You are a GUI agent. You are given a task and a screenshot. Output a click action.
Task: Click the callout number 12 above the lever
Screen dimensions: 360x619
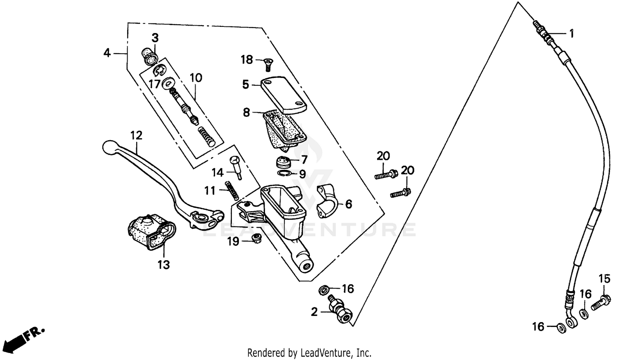[x=136, y=135]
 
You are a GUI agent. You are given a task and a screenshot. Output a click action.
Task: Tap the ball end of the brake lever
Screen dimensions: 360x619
[x=109, y=147]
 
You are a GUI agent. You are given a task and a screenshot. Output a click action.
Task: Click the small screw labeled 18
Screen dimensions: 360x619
[x=267, y=64]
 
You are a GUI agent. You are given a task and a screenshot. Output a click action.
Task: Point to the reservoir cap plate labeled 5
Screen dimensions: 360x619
[x=284, y=94]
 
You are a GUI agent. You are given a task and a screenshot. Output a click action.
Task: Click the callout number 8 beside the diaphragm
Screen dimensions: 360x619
[x=246, y=112]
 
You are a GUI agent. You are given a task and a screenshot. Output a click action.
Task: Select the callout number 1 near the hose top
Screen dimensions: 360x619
[x=572, y=34]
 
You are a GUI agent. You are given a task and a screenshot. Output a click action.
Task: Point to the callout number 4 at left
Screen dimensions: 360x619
[x=107, y=53]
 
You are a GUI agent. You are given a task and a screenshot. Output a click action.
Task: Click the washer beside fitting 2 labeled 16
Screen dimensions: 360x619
[x=324, y=289]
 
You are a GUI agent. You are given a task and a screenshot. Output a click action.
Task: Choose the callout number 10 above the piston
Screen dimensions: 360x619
[x=196, y=78]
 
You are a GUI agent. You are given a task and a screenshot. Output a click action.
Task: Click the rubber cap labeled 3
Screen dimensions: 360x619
[x=149, y=56]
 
